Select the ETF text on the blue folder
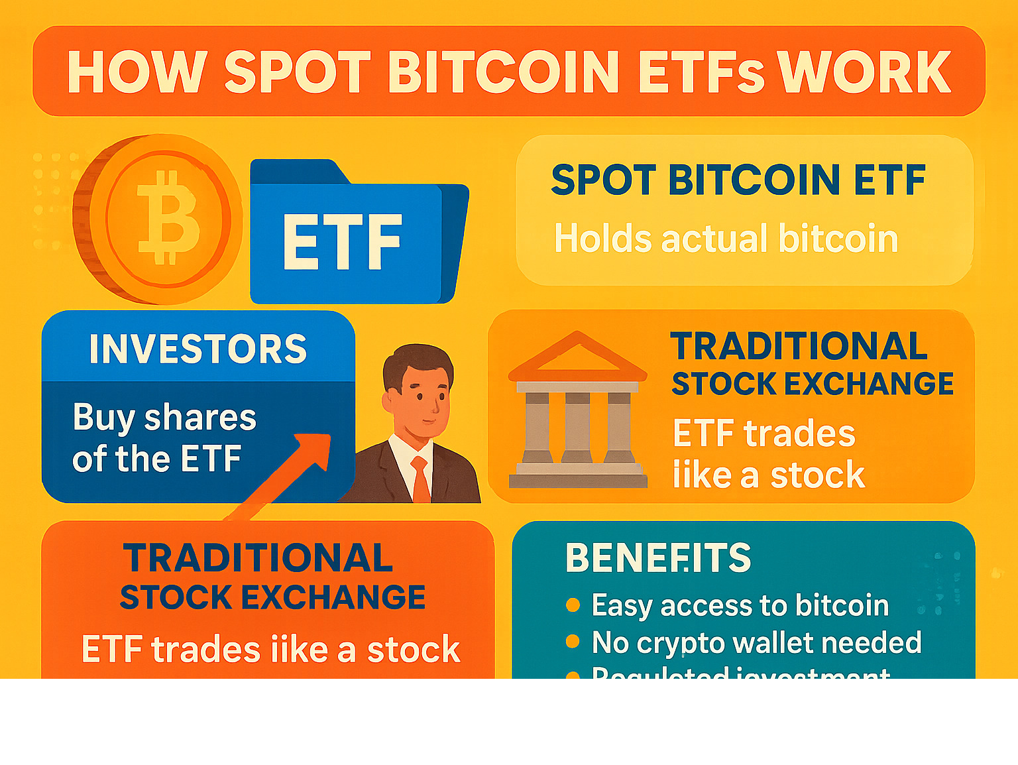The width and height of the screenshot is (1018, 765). point(342,243)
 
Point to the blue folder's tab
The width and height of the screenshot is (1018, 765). point(298,171)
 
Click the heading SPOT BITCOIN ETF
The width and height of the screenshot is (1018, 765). point(738,180)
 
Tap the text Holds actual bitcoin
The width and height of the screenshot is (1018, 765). point(726,239)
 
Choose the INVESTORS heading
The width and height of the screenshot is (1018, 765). point(198,349)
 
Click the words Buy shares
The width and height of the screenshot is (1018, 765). point(164,418)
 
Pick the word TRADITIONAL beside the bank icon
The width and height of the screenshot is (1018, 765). point(799,346)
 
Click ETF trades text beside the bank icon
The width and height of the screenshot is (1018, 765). point(764,434)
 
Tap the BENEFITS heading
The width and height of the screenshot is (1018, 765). point(658,558)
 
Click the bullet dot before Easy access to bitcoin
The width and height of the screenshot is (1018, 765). point(573,605)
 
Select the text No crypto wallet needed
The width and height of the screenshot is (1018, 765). point(756,642)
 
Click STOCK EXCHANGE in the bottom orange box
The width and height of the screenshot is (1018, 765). point(272,597)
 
